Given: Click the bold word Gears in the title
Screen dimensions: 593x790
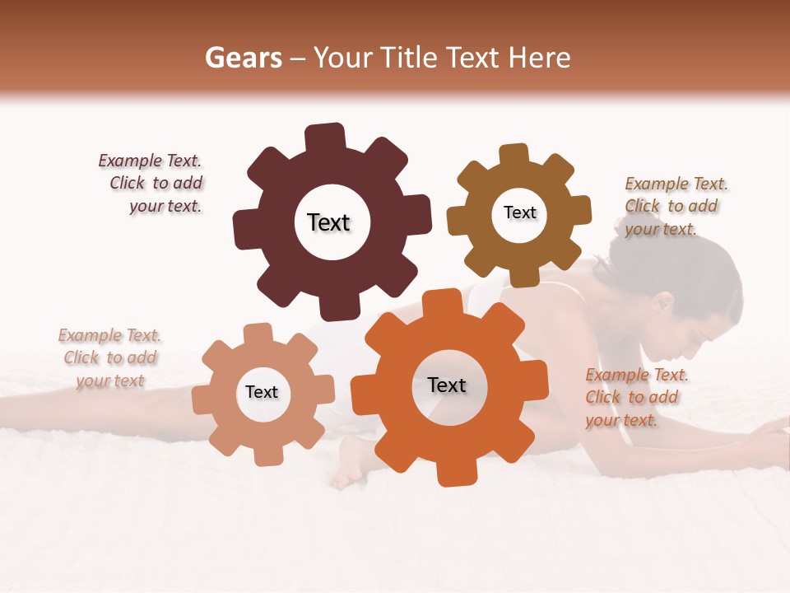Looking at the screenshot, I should pos(243,58).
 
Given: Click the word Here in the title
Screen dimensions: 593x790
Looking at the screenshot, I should pos(540,58).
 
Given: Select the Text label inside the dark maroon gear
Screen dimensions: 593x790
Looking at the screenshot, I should pos(328,222).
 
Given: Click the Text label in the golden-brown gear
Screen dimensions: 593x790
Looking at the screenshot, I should pos(519,212).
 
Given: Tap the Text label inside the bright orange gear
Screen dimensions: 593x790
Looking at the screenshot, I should pos(447,385).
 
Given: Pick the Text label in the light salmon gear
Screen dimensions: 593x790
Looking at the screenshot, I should pos(262,392).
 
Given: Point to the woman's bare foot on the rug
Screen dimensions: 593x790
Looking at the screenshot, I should pos(350,466).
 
